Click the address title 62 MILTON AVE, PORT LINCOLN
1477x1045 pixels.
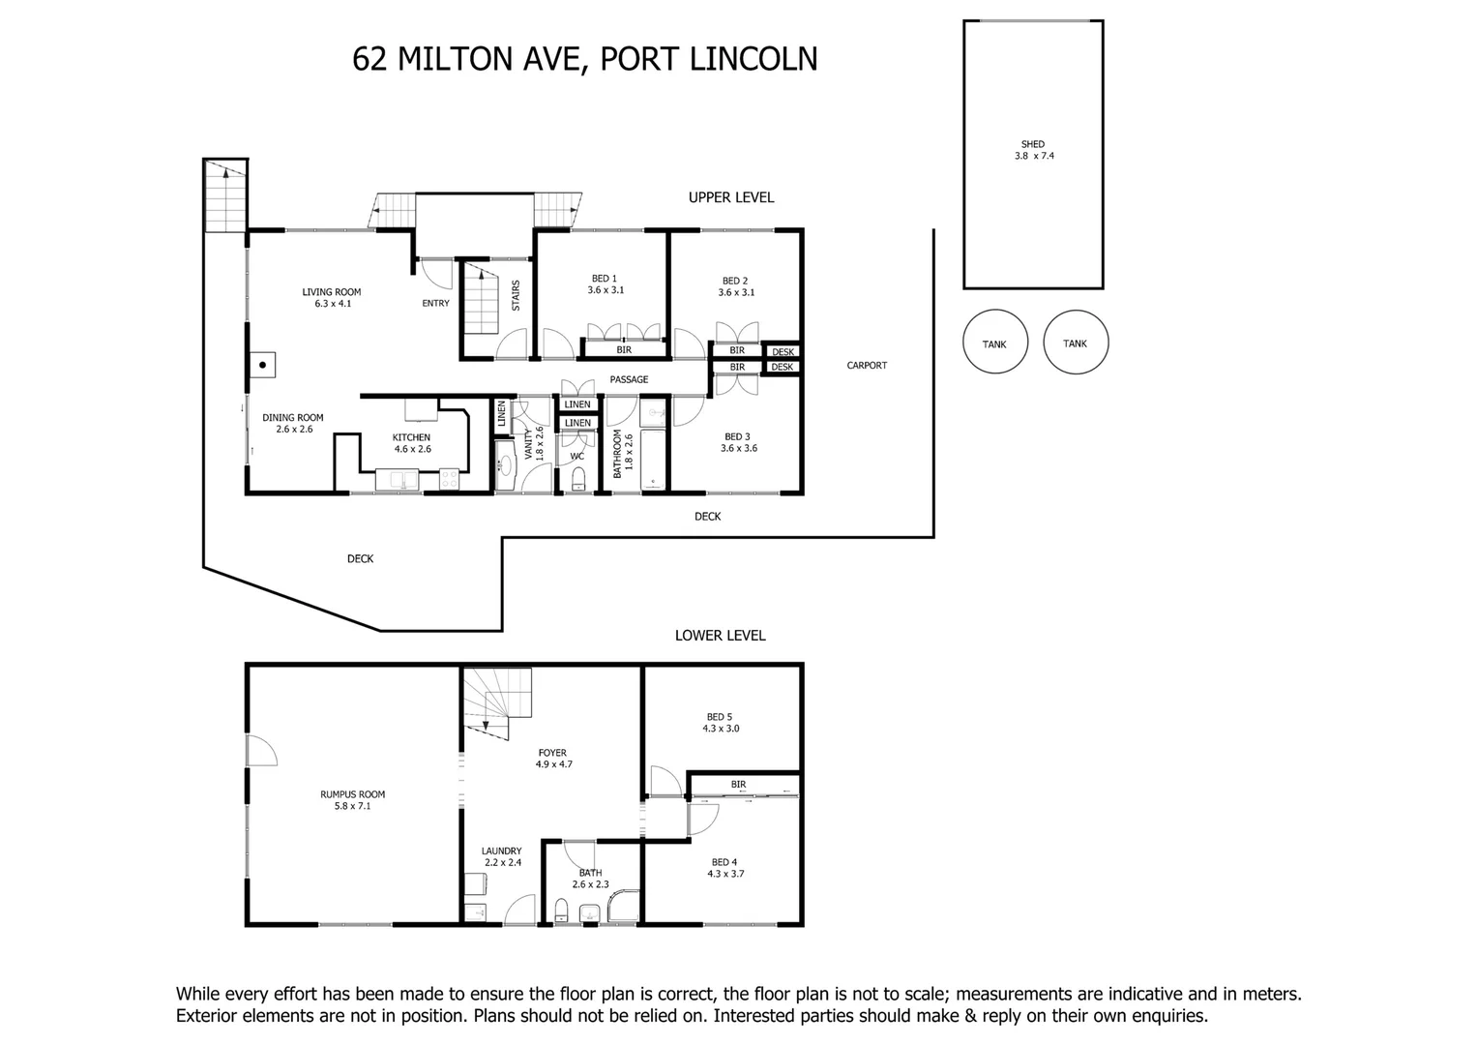[x=585, y=59]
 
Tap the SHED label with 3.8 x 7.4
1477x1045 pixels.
[x=1033, y=150]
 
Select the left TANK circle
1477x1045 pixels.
[x=994, y=343]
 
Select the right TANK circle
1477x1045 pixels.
[x=1076, y=343]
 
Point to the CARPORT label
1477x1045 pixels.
[x=867, y=366]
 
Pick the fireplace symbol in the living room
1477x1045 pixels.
[x=261, y=365]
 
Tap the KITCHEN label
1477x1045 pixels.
[x=411, y=443]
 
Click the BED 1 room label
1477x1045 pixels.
[x=605, y=284]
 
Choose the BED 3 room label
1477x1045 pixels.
[x=738, y=442]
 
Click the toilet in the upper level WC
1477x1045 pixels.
[x=578, y=479]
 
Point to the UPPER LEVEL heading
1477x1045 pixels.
[x=730, y=197]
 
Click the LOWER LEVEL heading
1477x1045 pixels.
[x=720, y=636]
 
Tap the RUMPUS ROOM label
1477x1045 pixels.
[x=345, y=800]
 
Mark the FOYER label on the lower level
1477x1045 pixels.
[x=553, y=758]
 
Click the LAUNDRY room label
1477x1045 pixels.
[x=501, y=856]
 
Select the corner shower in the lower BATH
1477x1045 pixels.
[x=623, y=908]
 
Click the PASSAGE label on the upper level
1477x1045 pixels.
[x=629, y=379]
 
